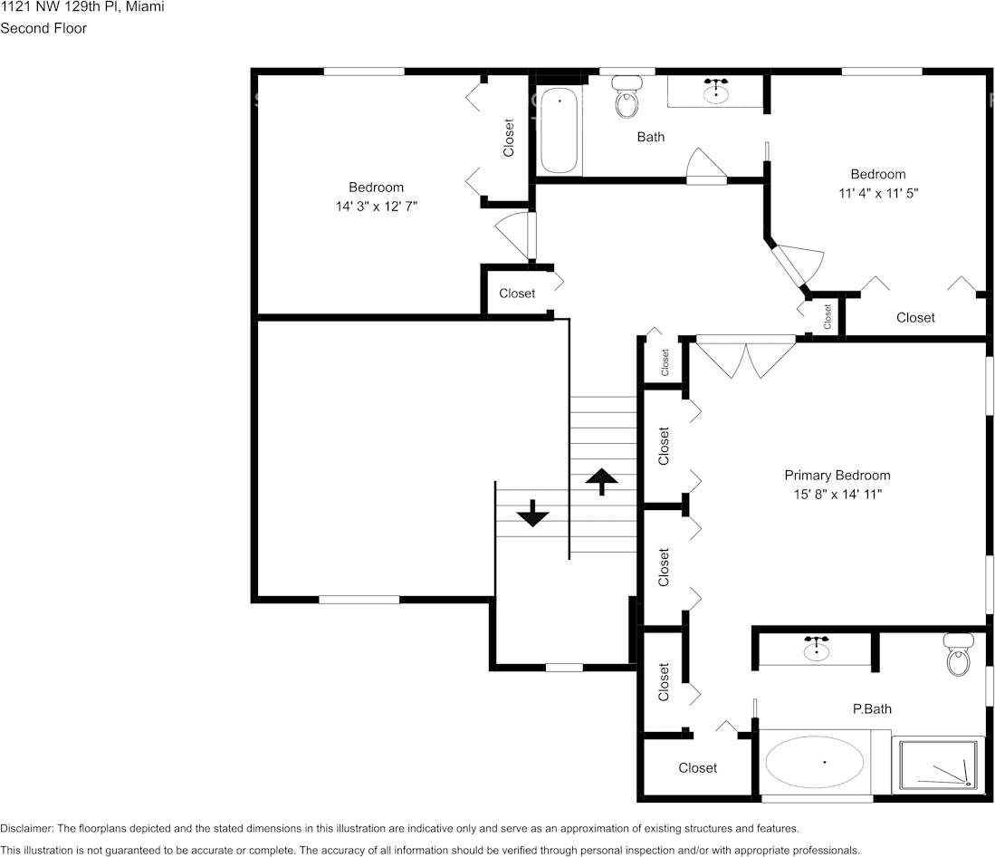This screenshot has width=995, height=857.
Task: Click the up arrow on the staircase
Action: pyautogui.click(x=597, y=481)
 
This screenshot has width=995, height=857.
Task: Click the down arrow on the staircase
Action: pyautogui.click(x=532, y=514)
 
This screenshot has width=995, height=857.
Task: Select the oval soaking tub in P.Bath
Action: pyautogui.click(x=815, y=762)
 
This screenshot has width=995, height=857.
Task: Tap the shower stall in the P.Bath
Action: pyautogui.click(x=938, y=766)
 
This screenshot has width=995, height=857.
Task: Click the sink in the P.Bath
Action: pyautogui.click(x=817, y=649)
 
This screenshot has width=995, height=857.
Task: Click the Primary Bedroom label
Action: pyautogui.click(x=837, y=476)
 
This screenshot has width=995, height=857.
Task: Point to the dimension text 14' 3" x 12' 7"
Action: pyautogui.click(x=376, y=207)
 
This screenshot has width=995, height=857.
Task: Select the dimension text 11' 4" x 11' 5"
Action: pyautogui.click(x=877, y=193)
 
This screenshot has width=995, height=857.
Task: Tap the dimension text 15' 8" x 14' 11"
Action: pyautogui.click(x=837, y=495)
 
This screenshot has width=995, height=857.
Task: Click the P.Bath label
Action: pyautogui.click(x=872, y=708)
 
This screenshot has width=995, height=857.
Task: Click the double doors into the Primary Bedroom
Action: pyautogui.click(x=745, y=357)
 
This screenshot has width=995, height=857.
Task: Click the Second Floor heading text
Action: pyautogui.click(x=43, y=28)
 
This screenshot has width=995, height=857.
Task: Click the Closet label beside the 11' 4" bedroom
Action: pyautogui.click(x=915, y=317)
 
